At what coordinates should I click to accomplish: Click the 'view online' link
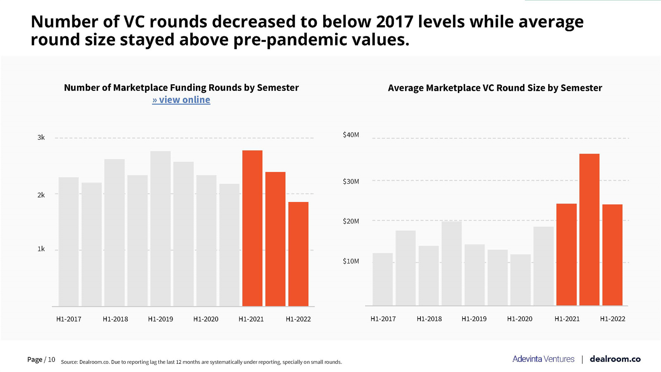[x=181, y=100]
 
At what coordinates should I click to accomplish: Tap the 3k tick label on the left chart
[x=41, y=138]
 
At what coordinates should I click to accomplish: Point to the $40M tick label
[x=351, y=135]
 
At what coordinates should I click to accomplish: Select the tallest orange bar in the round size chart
[x=589, y=229]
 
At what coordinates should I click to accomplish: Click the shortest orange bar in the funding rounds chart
[x=298, y=254]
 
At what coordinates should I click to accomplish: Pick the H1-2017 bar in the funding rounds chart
[x=69, y=242]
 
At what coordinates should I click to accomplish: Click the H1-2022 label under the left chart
[x=298, y=319]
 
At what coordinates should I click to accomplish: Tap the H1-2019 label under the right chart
[x=474, y=319]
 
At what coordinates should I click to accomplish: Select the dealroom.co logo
[x=615, y=359]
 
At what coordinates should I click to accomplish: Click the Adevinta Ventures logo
[x=543, y=359]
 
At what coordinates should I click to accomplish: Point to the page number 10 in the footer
[x=52, y=360]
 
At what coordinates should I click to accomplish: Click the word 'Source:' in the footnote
[x=69, y=362]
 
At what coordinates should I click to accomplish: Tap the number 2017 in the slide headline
[x=394, y=21]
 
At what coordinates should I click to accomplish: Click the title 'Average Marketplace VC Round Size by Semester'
[x=495, y=88]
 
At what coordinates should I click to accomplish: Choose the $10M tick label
[x=351, y=261]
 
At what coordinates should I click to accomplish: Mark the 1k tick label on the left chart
[x=41, y=249]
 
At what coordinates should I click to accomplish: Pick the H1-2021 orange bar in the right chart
[x=566, y=255]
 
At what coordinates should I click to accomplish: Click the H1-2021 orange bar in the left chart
[x=252, y=228]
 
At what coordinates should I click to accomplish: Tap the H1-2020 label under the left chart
[x=205, y=319]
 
